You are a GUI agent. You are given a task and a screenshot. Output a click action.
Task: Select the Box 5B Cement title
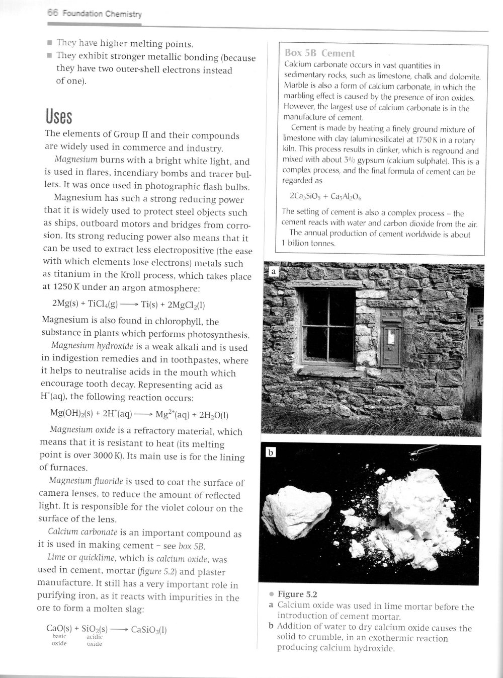point(319,53)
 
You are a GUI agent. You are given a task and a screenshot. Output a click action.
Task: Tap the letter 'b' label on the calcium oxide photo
point(271,453)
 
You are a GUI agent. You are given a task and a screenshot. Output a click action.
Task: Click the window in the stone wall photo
point(327,325)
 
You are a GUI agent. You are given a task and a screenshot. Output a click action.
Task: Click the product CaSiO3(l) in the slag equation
point(149,629)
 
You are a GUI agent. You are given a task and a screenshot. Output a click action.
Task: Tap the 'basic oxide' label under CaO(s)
point(59,640)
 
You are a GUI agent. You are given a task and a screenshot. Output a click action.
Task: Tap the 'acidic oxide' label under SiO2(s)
point(95,640)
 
